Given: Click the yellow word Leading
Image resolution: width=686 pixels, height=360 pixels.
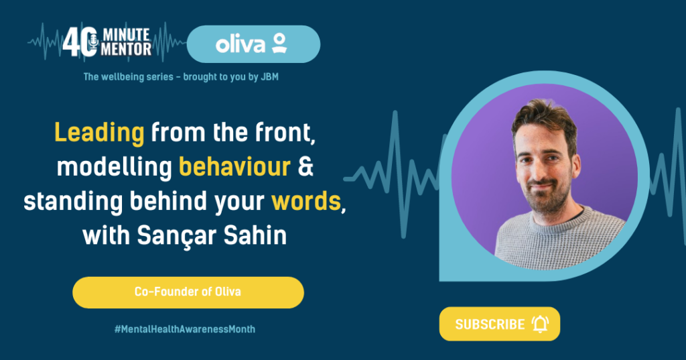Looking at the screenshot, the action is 99,133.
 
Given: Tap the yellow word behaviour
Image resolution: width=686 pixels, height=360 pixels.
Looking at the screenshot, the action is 235,166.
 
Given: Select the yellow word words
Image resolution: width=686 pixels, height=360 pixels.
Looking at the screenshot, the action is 306,201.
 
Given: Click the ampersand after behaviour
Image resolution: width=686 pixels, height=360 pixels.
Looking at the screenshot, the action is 305,167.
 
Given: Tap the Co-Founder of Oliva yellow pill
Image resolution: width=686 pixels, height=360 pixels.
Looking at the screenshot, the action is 188,292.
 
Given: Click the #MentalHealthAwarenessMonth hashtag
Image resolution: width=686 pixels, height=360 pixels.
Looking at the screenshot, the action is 185,329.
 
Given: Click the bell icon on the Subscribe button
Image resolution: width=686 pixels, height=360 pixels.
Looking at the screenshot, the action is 541,324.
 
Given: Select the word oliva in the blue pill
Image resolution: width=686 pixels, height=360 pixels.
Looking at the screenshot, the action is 241,45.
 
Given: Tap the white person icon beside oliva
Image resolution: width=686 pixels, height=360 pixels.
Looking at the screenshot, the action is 279,43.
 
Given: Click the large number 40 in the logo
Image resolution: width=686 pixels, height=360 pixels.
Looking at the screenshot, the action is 80,42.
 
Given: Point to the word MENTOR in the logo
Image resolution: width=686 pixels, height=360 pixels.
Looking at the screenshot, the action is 127,50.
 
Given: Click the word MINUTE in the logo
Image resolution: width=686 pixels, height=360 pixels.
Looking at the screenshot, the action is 127,35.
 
